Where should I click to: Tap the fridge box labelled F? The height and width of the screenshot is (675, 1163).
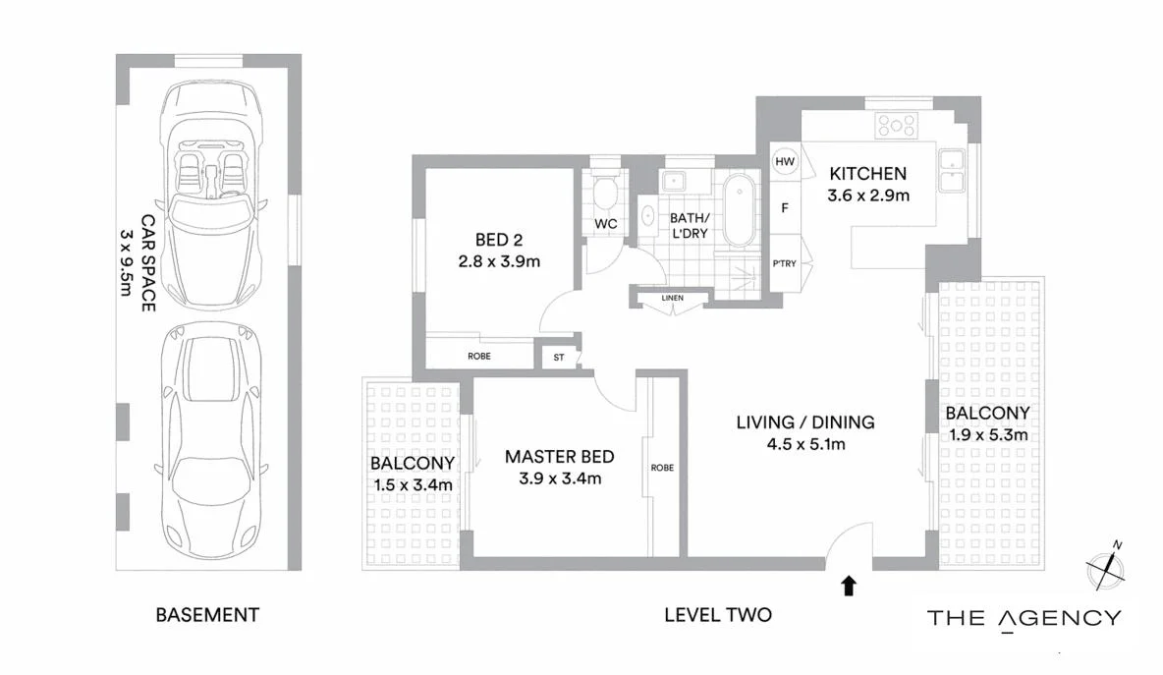click(x=785, y=208)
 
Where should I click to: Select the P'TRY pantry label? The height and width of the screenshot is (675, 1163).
click(x=785, y=263)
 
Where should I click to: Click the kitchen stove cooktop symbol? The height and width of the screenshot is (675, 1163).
click(x=896, y=125)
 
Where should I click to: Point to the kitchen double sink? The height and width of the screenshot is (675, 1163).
click(x=950, y=171)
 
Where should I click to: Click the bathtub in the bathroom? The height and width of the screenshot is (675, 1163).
click(x=738, y=210)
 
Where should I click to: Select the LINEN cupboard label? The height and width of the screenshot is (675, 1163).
click(x=672, y=298)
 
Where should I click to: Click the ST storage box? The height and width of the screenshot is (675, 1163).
click(x=559, y=357)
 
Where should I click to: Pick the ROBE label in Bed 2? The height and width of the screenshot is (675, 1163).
click(x=478, y=356)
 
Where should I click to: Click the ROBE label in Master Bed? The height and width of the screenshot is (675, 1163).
click(x=662, y=468)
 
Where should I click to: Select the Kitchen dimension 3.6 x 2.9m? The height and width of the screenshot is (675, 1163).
click(x=868, y=195)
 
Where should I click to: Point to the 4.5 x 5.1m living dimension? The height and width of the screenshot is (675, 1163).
click(x=805, y=443)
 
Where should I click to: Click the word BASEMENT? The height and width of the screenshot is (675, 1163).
click(x=207, y=615)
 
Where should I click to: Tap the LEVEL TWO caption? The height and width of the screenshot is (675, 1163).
click(x=717, y=615)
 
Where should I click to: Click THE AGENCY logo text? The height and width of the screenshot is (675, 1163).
click(x=1024, y=618)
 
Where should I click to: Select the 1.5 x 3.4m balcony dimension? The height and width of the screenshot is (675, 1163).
click(x=413, y=484)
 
